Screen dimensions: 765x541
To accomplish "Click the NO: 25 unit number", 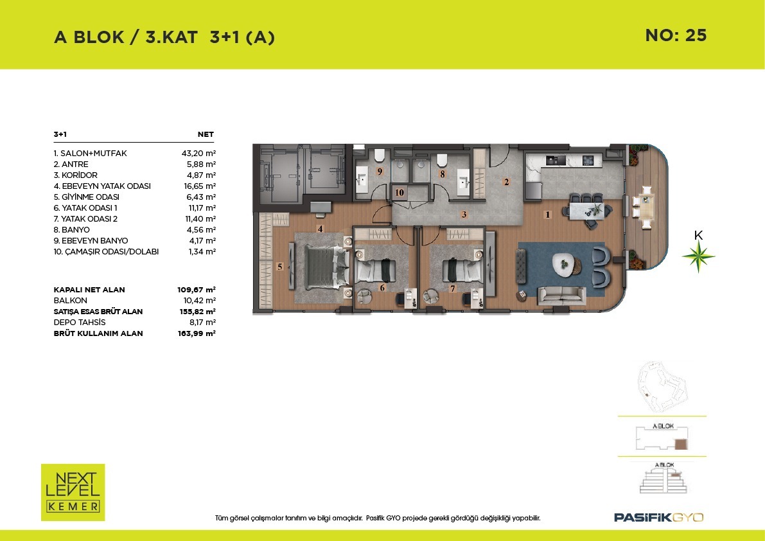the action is (676, 35).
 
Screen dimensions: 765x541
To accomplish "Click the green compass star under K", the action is (698, 256).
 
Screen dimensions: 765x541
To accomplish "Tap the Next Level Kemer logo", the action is (73, 492).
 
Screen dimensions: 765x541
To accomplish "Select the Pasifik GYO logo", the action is (658, 517).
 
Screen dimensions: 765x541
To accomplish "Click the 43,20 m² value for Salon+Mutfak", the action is (198, 153).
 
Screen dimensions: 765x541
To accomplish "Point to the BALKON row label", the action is (70, 301).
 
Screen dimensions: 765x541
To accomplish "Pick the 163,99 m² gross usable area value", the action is (197, 333).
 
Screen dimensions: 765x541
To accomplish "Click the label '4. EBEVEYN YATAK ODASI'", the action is (102, 186).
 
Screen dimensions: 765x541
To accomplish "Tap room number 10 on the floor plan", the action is (400, 193).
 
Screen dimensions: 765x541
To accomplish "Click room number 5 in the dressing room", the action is (280, 267).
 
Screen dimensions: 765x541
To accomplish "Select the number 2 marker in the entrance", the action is (506, 182).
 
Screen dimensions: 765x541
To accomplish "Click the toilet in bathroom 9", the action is (380, 156).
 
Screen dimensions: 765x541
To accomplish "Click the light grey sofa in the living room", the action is (561, 296).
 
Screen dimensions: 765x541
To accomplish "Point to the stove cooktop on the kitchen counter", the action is (588, 159).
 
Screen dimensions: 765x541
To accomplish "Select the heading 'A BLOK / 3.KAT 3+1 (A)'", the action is (164, 37).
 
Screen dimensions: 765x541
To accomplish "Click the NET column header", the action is (206, 134).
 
